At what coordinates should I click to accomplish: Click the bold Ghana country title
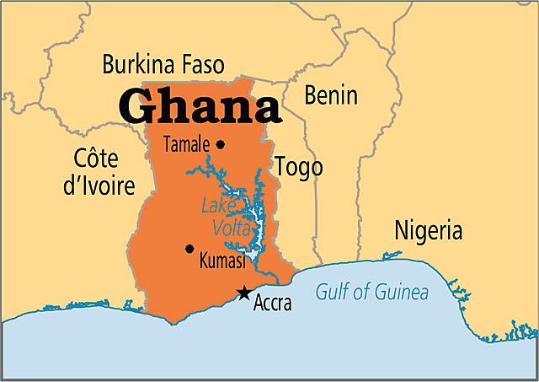[x=199, y=107]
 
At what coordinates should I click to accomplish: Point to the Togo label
[x=299, y=167]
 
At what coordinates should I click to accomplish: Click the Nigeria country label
[x=429, y=230]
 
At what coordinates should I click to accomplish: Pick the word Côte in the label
[x=97, y=159]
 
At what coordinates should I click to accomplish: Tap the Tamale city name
[x=187, y=144]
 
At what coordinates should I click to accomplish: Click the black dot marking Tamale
[x=221, y=144]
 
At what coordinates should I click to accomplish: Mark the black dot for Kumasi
[x=189, y=249]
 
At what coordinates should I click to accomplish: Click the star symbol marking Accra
[x=243, y=293]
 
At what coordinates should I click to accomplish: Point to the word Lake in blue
[x=216, y=205]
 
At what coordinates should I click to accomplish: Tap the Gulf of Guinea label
[x=371, y=293]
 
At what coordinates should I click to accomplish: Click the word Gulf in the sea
[x=331, y=293]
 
